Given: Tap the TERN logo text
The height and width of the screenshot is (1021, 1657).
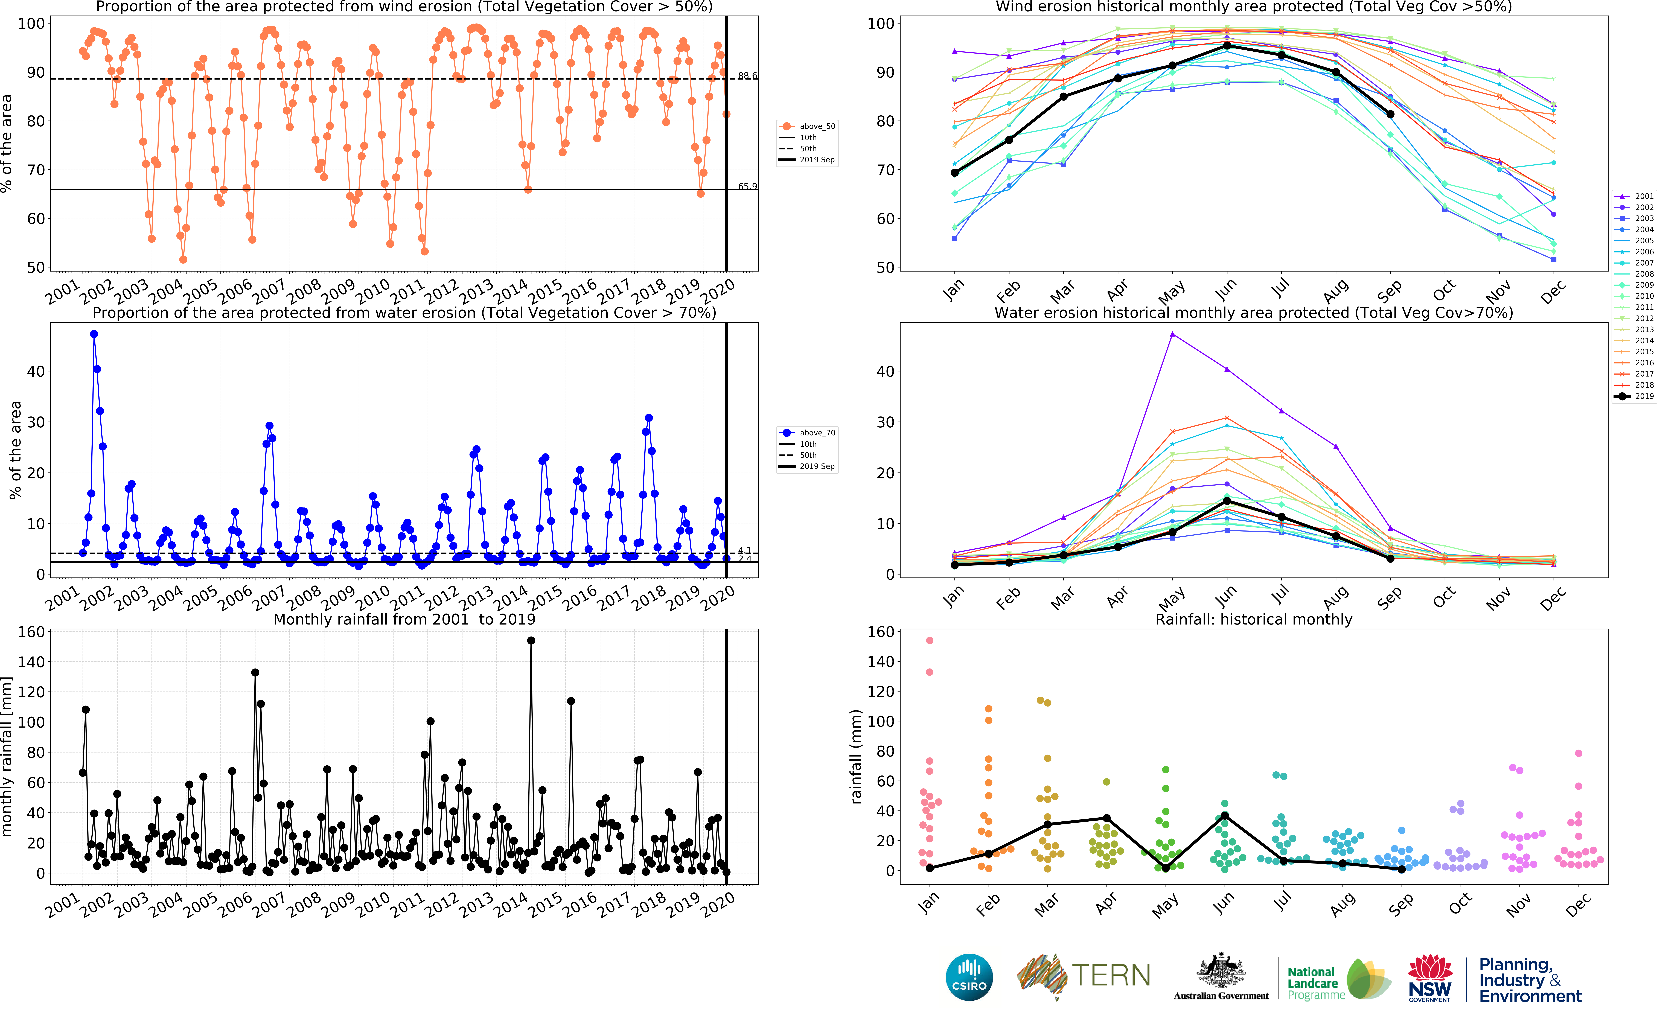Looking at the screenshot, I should point(1111,976).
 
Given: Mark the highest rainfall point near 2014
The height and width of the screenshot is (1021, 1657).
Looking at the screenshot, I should point(531,640).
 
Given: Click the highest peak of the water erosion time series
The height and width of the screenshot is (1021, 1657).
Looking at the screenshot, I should point(94,334).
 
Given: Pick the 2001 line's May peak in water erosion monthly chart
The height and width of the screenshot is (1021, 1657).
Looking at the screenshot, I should point(1172,334).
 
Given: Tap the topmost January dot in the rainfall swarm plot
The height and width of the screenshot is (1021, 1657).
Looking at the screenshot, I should point(930,640).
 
